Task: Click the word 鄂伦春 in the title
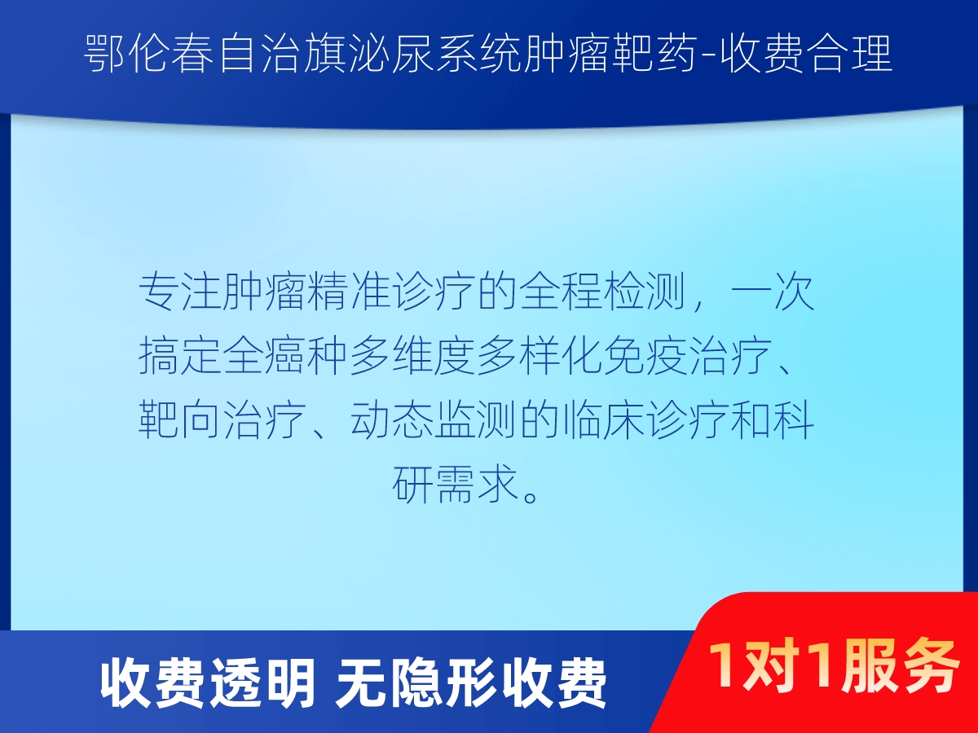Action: click(x=149, y=55)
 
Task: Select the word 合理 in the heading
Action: click(x=850, y=55)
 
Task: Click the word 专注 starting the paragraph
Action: click(x=180, y=292)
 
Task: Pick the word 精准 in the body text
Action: click(x=350, y=292)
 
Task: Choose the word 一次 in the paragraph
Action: click(x=773, y=292)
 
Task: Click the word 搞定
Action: click(x=180, y=356)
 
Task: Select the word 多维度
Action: click(x=413, y=356)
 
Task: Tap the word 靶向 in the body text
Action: click(x=180, y=419)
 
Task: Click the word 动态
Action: click(x=392, y=419)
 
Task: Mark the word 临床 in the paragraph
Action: click(x=604, y=419)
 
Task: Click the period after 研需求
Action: click(x=531, y=495)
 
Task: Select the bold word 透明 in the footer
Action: click(x=263, y=683)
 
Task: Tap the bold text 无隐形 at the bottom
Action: click(x=416, y=683)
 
